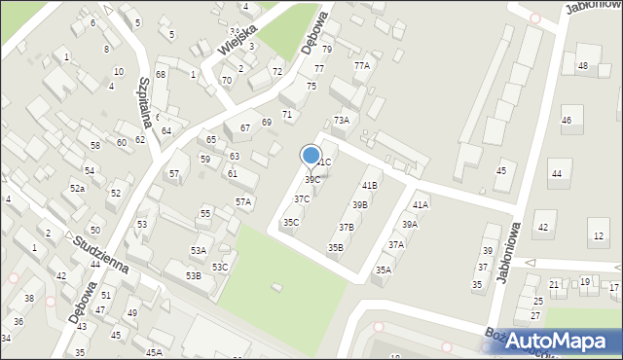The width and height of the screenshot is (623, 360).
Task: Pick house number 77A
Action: tap(361, 65)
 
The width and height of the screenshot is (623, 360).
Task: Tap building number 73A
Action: tap(341, 120)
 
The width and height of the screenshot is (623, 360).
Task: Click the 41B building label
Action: tap(369, 185)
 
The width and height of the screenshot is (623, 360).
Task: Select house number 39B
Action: tap(359, 205)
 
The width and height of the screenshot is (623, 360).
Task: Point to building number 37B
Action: tap(346, 227)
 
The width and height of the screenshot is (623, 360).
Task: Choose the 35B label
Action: tap(335, 248)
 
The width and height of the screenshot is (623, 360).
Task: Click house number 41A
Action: tap(420, 204)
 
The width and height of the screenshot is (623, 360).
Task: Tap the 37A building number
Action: tap(395, 245)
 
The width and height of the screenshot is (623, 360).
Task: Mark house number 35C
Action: tap(291, 222)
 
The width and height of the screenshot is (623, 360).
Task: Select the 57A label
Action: tap(243, 201)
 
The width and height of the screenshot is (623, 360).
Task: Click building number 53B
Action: tap(194, 276)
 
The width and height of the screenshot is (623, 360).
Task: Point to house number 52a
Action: tap(77, 188)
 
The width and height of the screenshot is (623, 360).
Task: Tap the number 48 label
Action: tap(582, 66)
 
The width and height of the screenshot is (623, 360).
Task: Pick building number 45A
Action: tap(153, 352)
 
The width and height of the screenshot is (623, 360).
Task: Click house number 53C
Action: tap(220, 267)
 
